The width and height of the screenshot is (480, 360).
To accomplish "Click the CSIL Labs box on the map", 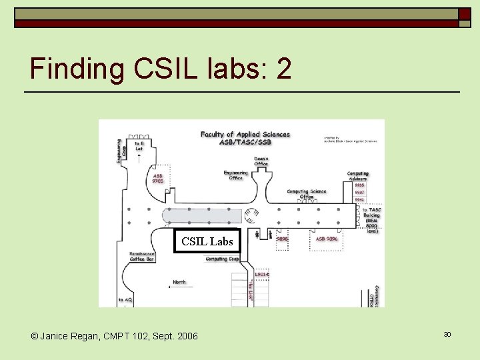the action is pos(207,241).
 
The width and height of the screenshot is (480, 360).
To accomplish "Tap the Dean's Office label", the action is pos(261,161).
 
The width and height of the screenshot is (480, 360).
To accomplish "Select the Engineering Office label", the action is pos(235,175).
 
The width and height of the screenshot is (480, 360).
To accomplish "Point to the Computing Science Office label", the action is pos(307,194).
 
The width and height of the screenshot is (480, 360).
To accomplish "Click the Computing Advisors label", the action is pos(358,176).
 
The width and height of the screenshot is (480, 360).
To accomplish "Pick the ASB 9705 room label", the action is pos(158,178).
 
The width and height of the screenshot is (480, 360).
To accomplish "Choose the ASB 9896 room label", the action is pos(327,238).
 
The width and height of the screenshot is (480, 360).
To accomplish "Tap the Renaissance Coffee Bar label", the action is pos(142,257).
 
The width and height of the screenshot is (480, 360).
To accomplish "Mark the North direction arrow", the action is pos(179,284).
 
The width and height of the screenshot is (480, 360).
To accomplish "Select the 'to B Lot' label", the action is pos(139,146).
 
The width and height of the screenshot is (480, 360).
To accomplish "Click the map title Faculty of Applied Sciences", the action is pos(245,138).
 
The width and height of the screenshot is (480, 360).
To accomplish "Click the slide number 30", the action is pos(447,334).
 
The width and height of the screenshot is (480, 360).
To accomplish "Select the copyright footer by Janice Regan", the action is pos(114,336).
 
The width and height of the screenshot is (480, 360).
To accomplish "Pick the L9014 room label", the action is pos(262,274).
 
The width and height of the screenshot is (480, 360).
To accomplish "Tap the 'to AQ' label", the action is pos(125,301).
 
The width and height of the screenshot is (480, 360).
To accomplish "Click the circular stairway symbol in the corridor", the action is pos(251,215).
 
